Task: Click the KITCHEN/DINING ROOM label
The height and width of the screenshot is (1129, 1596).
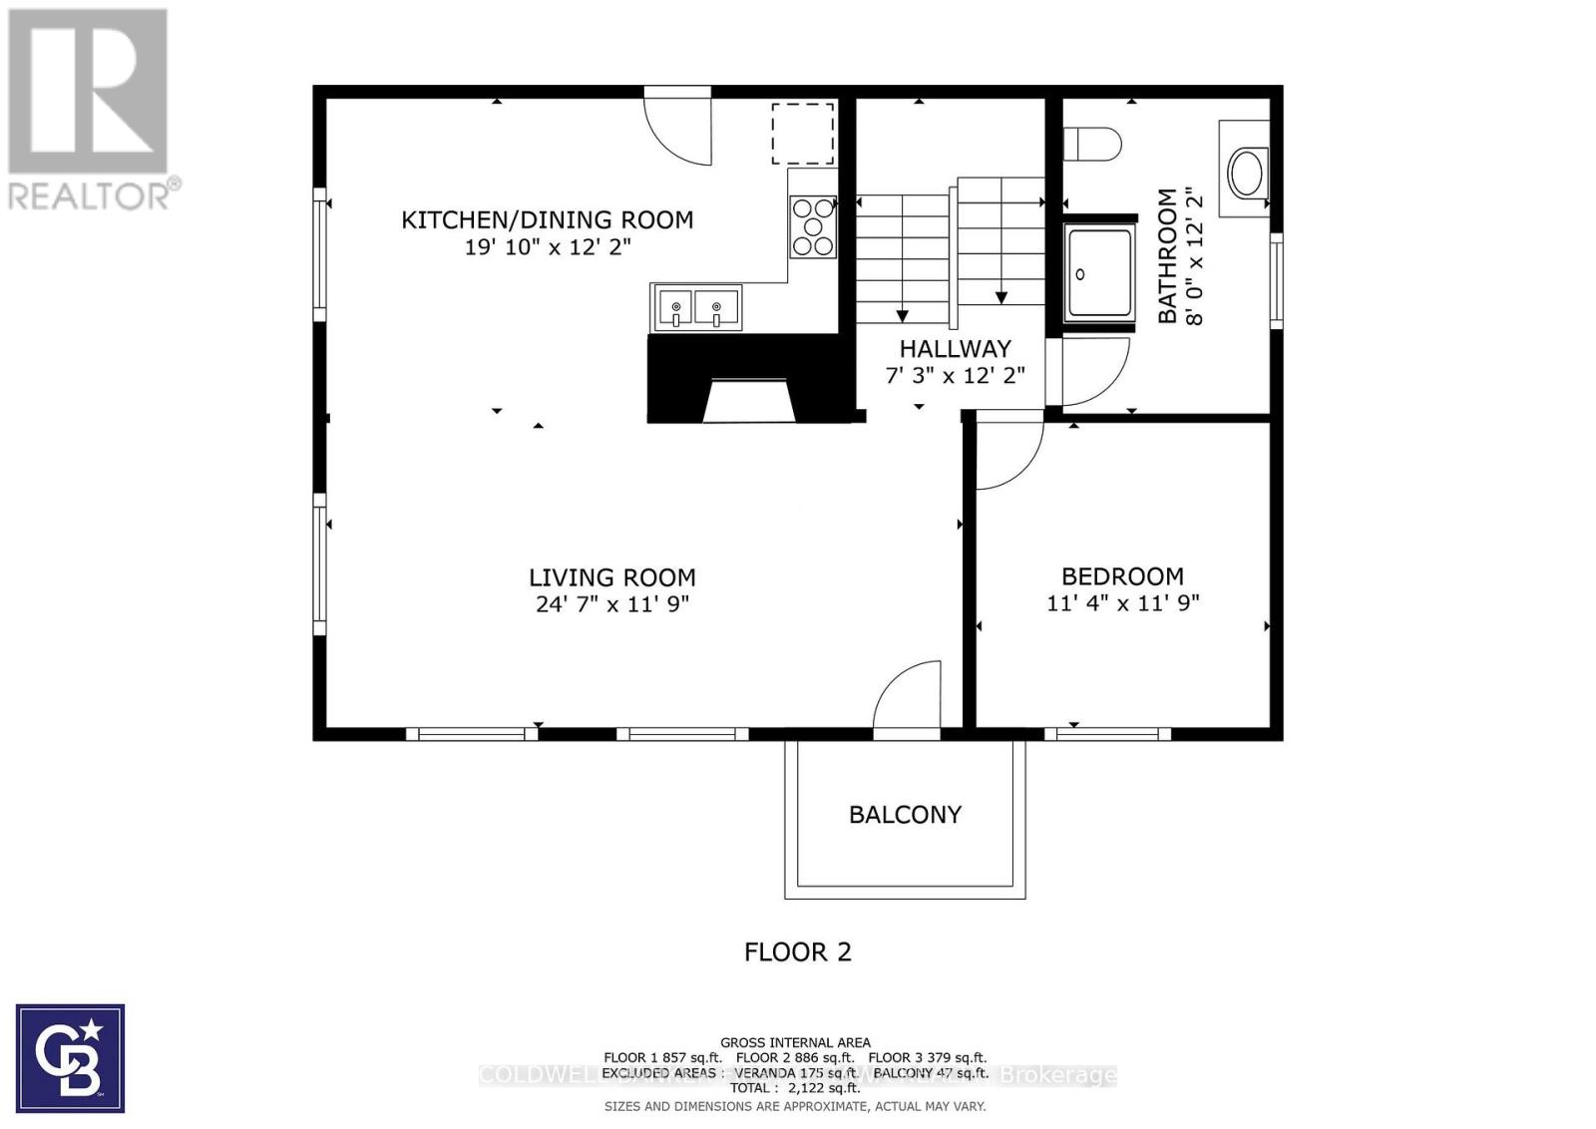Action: pos(547,219)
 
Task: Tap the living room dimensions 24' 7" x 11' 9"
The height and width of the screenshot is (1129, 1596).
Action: pos(612,603)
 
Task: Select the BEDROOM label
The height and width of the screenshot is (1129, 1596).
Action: pos(1122,575)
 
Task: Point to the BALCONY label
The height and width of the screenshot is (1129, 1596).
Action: pos(905,814)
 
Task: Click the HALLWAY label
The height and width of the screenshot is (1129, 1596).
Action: pos(955,348)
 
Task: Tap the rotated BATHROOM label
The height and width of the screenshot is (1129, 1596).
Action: pos(1168,255)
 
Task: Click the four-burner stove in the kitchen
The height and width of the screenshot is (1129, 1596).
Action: pos(813,227)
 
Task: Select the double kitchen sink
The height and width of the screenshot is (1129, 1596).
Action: pos(697,306)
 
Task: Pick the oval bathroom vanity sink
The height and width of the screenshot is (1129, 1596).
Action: pos(1247,173)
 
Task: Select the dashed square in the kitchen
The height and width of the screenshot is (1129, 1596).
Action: pos(802,134)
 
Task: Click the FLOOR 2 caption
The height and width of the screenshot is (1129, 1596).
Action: pos(797,951)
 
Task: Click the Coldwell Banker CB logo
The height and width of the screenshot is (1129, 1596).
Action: pos(70,1058)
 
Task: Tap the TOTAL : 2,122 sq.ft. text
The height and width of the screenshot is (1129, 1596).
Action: pos(794,1088)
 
